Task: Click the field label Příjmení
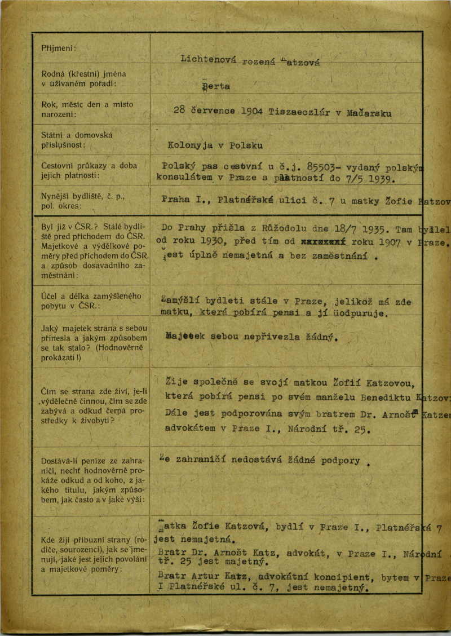coord(58,47)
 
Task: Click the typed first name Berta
coord(215,87)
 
